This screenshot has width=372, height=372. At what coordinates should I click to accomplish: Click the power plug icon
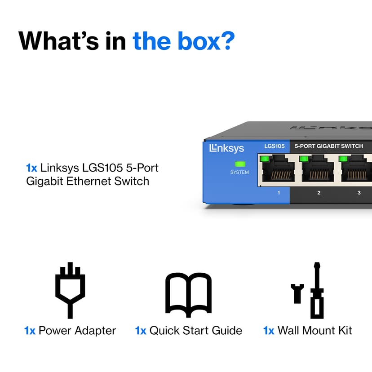(70, 290)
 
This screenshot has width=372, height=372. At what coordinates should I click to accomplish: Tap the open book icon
(188, 295)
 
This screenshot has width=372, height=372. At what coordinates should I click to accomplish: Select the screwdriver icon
(317, 290)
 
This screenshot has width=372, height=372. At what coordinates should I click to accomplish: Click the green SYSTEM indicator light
(240, 164)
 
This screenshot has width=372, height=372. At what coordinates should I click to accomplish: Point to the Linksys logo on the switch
(226, 149)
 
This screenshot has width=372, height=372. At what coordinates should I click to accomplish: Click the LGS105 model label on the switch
(275, 146)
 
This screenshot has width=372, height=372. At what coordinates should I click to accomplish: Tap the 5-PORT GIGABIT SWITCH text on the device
(329, 146)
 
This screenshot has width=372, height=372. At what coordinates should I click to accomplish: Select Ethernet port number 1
(279, 168)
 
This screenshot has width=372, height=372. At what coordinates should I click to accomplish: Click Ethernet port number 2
(318, 168)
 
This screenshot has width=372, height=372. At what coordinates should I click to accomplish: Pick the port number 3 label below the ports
(359, 193)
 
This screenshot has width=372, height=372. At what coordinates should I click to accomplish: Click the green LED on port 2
(304, 159)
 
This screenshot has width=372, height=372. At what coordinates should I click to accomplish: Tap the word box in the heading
(199, 41)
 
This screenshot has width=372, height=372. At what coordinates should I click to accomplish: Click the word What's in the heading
(58, 41)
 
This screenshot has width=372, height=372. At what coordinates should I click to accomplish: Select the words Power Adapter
(77, 331)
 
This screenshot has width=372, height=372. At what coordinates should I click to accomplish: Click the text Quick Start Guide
(196, 331)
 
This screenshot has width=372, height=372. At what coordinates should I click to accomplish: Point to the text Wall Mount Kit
(315, 331)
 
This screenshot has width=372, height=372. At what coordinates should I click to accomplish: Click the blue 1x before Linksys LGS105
(31, 168)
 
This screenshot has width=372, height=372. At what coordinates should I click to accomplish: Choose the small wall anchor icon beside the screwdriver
(297, 293)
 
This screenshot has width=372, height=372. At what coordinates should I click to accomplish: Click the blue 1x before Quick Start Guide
(141, 331)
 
